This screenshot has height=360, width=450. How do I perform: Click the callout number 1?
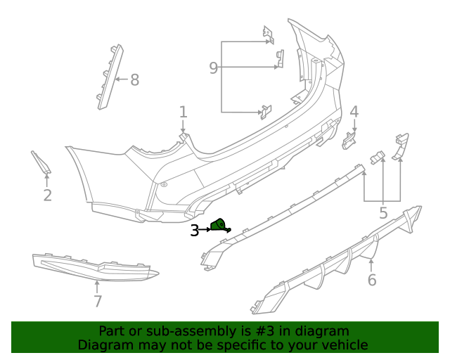[183, 112]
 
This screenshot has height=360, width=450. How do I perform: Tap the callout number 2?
[47, 195]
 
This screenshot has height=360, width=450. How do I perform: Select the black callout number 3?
[194, 230]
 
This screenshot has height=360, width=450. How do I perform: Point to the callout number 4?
[354, 111]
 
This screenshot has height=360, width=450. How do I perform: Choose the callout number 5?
[383, 212]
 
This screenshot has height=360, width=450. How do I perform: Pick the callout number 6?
[372, 280]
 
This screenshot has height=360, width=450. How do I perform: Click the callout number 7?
[98, 301]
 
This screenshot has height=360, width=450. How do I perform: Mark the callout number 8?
[134, 79]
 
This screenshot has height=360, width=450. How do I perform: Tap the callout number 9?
[214, 67]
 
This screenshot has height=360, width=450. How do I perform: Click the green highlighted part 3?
[219, 225]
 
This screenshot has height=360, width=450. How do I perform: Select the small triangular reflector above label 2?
[41, 162]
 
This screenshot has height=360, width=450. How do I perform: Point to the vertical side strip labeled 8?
[108, 76]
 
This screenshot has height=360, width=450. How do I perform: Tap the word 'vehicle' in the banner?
[344, 345]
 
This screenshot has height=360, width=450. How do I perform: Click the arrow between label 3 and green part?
[205, 229]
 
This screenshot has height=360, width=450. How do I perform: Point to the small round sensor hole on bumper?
[164, 184]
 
